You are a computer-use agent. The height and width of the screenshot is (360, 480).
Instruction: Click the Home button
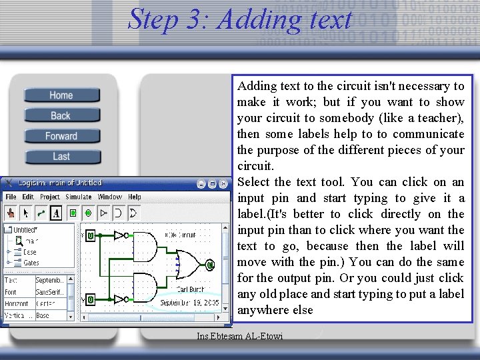click(x=61, y=95)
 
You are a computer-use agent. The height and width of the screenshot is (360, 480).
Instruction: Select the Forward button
click(x=61, y=136)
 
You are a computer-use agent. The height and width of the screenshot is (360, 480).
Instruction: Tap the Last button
click(x=61, y=157)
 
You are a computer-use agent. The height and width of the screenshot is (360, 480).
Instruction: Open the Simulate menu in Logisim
click(x=79, y=197)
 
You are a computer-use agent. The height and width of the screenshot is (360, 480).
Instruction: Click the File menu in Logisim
click(x=11, y=197)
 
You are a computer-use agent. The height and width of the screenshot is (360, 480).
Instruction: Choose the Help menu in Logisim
click(x=135, y=197)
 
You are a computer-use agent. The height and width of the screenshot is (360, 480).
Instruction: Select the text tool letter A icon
click(x=56, y=213)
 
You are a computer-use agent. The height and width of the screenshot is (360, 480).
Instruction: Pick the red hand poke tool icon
click(x=11, y=213)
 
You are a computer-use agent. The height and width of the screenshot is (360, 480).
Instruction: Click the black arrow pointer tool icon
click(x=26, y=213)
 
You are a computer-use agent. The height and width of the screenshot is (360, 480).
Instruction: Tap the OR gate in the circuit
click(x=189, y=265)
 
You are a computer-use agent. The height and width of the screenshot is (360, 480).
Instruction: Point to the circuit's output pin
click(x=209, y=265)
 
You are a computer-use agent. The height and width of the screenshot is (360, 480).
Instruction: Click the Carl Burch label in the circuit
click(x=191, y=289)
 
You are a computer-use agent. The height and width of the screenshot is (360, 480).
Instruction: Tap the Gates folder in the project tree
click(x=31, y=263)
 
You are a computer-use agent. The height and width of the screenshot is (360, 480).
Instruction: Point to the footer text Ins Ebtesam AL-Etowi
click(x=240, y=336)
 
